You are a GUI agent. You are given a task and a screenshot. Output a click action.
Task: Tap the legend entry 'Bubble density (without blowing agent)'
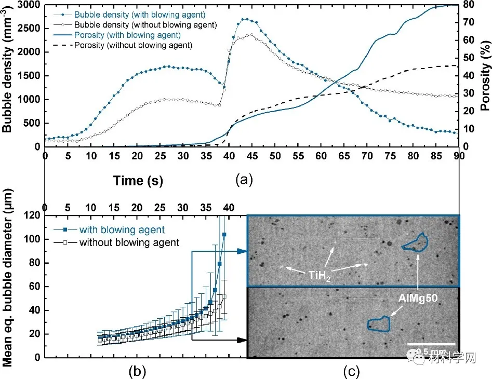(145, 25)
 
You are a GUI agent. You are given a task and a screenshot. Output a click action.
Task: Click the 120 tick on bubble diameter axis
(32, 215)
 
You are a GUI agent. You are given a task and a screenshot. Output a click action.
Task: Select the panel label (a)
(244, 180)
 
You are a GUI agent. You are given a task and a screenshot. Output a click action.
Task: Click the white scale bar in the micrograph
(431, 344)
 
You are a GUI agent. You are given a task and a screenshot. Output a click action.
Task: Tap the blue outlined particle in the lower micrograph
(380, 324)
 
